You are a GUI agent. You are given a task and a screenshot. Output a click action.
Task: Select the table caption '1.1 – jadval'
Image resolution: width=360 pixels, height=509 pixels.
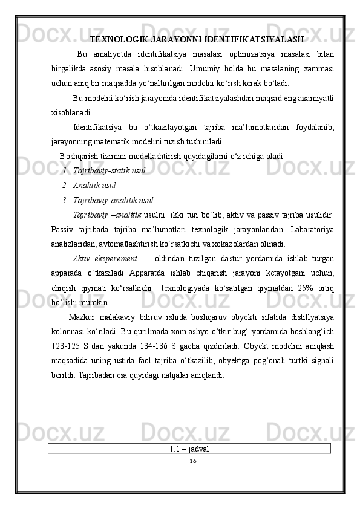(190, 449)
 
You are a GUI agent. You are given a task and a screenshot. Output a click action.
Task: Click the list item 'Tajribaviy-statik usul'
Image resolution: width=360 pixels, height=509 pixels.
(109, 171)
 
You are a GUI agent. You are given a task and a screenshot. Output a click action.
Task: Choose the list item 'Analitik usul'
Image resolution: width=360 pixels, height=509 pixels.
(94, 185)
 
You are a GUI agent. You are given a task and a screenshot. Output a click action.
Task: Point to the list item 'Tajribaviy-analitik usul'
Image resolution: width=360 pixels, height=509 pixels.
(113, 199)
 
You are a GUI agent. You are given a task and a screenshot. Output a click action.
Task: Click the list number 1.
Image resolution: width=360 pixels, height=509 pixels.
(65, 171)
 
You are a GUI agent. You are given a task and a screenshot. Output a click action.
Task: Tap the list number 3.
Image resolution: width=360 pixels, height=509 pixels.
(65, 199)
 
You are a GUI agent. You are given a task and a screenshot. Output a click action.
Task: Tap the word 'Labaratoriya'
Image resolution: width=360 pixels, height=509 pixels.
(310, 230)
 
